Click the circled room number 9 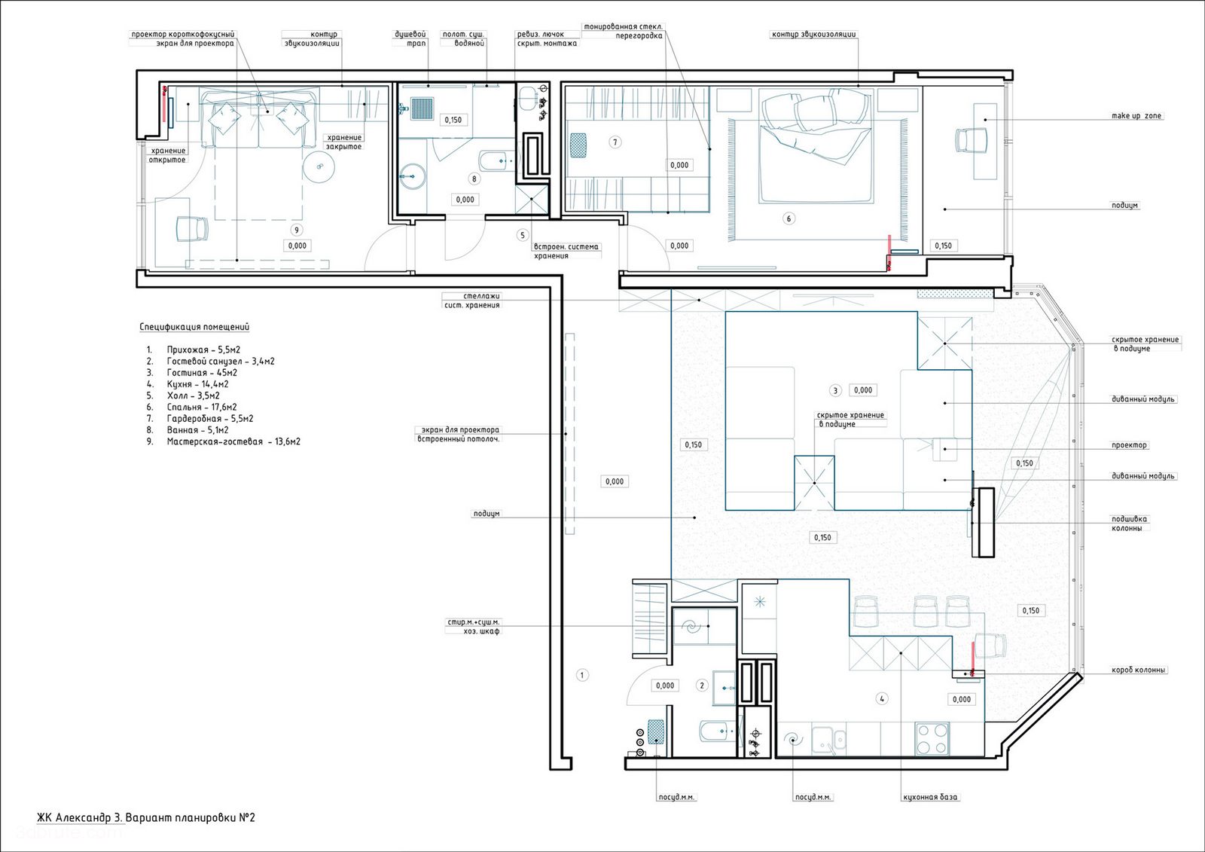296,230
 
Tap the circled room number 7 615,142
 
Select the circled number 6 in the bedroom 789,218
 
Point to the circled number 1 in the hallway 581,675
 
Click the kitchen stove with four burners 932,739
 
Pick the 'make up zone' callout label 1136,116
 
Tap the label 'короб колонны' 1138,670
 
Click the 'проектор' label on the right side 1129,445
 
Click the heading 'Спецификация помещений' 194,327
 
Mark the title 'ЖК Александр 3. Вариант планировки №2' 146,817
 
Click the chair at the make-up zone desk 972,140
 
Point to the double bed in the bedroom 815,146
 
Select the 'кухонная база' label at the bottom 930,797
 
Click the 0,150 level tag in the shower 453,120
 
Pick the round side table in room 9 319,166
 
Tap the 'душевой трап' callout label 410,38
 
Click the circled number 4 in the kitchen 882,698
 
